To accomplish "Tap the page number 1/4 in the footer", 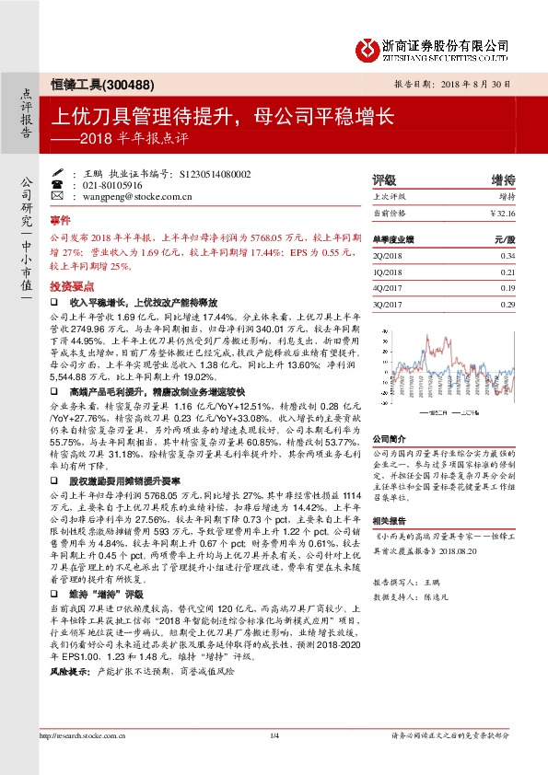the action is click(274, 760).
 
